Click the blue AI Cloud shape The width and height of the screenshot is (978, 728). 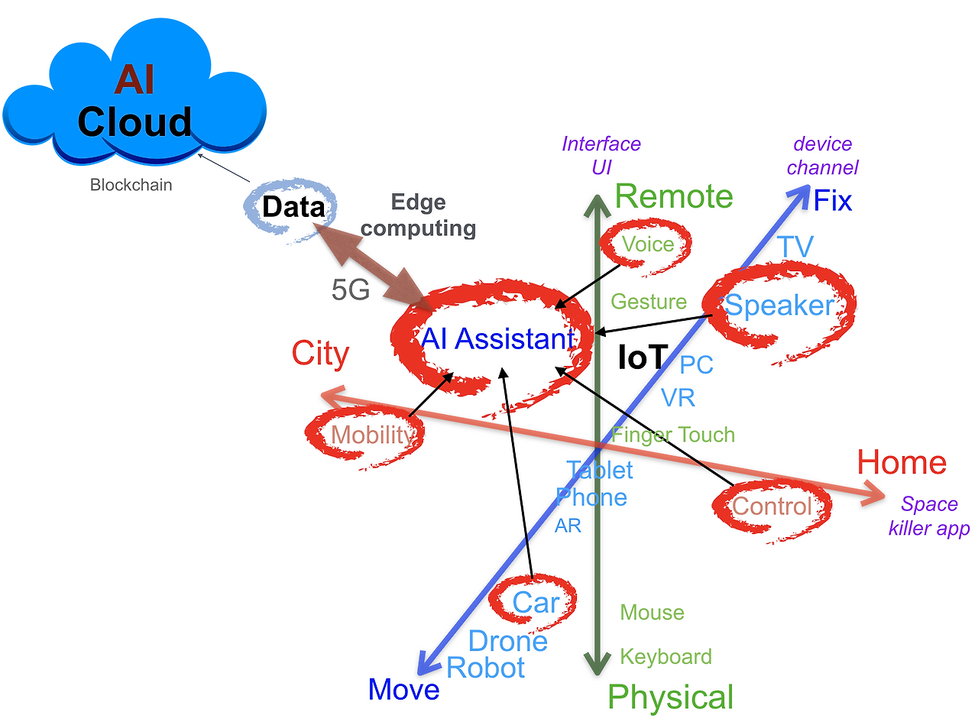point(134,92)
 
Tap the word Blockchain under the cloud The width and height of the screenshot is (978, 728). point(131,185)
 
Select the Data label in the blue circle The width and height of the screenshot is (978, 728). point(293,206)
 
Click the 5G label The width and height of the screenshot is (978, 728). point(351,290)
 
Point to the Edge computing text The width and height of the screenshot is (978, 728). point(418,215)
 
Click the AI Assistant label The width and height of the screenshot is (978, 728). point(498,338)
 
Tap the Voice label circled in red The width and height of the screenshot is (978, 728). point(648,244)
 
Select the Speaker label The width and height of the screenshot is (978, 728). point(779,305)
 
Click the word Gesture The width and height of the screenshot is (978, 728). point(649,302)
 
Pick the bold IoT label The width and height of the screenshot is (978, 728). point(643,357)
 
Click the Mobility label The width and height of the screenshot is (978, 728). point(373,435)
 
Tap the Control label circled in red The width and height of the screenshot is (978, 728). point(772,506)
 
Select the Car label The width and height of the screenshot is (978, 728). point(536,602)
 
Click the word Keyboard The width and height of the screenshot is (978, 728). point(665,656)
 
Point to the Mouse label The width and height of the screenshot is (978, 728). point(653,613)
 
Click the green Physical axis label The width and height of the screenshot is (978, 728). point(671,697)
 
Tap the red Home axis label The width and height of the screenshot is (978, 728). point(902,463)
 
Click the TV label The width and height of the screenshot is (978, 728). point(795,247)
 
